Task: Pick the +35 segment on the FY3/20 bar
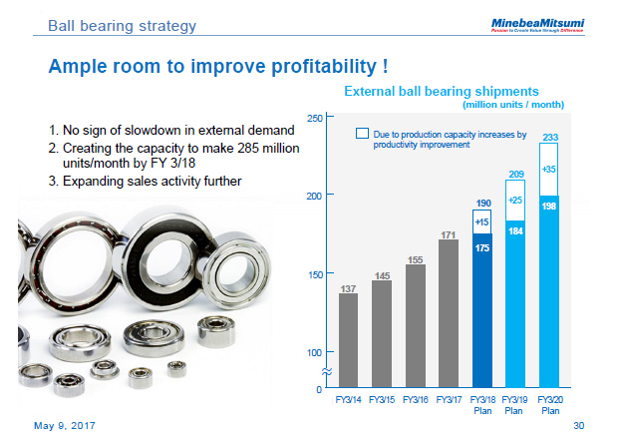point(548,169)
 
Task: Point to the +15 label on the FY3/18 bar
point(481,221)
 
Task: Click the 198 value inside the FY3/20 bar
point(548,205)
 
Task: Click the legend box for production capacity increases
point(363,133)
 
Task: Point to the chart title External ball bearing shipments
point(441,91)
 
